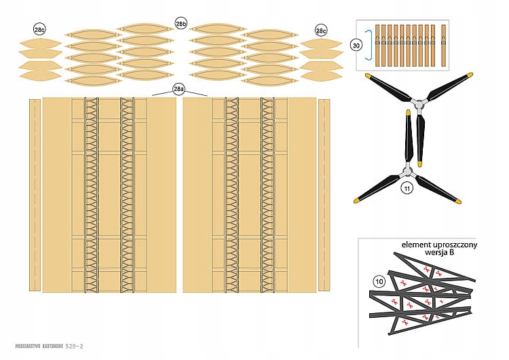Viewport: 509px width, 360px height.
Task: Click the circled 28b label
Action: [x=181, y=24]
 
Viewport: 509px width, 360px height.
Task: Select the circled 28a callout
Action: [x=178, y=89]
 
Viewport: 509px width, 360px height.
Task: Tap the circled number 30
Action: [x=356, y=44]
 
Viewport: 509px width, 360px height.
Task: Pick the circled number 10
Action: [x=379, y=280]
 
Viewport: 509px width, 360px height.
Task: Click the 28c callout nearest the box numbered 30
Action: [x=321, y=30]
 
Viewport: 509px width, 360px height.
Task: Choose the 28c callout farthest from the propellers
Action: [x=39, y=29]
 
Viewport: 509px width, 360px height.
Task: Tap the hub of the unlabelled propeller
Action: [x=419, y=104]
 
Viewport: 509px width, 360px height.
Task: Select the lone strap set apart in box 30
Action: [x=444, y=44]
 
